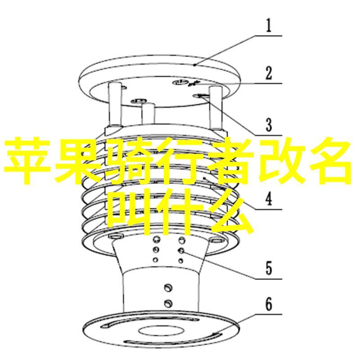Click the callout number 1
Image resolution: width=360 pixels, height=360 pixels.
click(269, 26)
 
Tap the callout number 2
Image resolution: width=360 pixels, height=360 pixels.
click(269, 73)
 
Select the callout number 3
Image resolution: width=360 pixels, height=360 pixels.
click(269, 125)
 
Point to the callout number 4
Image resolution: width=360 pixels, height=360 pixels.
click(269, 199)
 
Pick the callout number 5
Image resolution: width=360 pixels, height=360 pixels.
click(269, 268)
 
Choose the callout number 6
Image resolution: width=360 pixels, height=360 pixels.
click(269, 304)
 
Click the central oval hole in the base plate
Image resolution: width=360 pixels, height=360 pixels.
click(161, 331)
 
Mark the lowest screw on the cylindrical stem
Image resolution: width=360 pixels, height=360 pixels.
click(168, 303)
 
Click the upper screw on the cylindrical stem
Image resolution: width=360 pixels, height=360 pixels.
click(168, 288)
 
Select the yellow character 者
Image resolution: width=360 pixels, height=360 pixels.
click(227, 161)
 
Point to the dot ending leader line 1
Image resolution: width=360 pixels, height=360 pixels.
click(194, 65)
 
